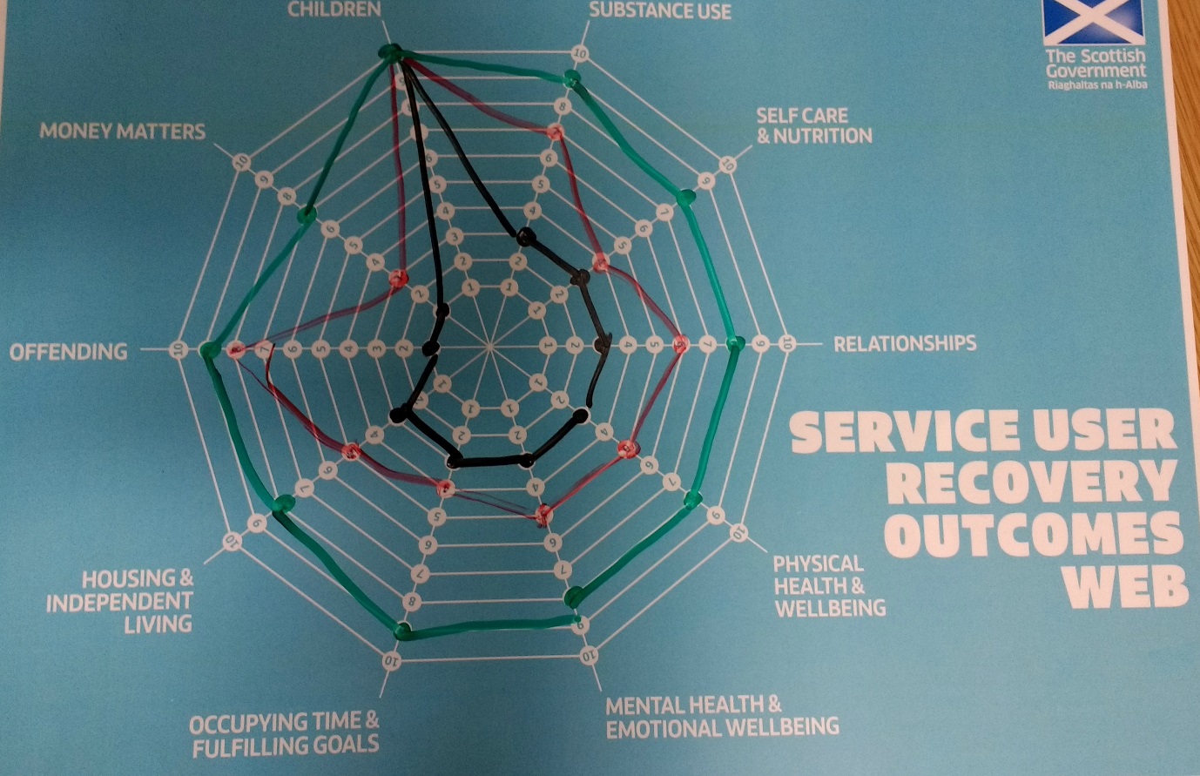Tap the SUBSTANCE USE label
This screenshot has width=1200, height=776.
(x=659, y=10)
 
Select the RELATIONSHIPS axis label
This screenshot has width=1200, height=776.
(x=905, y=342)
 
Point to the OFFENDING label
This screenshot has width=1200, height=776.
(x=68, y=351)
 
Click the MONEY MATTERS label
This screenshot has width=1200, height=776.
(x=122, y=132)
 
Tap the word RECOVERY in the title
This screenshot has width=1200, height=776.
(x=1030, y=481)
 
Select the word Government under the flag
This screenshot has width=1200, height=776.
(x=1096, y=71)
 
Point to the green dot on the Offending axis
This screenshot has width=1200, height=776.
(x=207, y=350)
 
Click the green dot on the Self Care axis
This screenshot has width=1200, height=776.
(x=686, y=198)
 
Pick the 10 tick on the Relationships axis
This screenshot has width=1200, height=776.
(x=787, y=342)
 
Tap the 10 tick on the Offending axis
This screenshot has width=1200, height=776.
(x=179, y=349)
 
